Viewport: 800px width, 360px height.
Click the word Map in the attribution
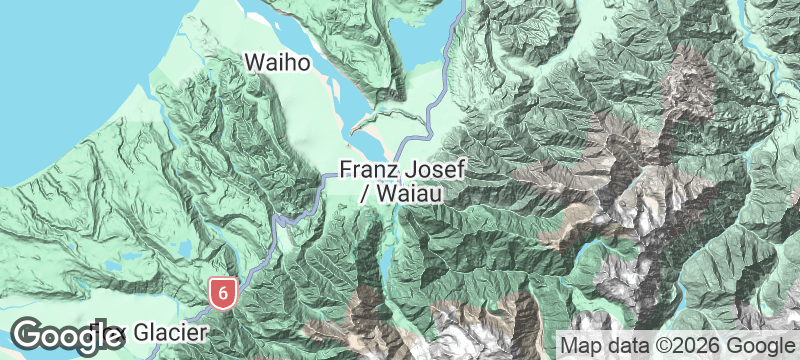pos(581,345)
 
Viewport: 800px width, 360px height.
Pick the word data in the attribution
pos(625,345)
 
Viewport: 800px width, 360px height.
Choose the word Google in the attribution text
pos(757,345)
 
